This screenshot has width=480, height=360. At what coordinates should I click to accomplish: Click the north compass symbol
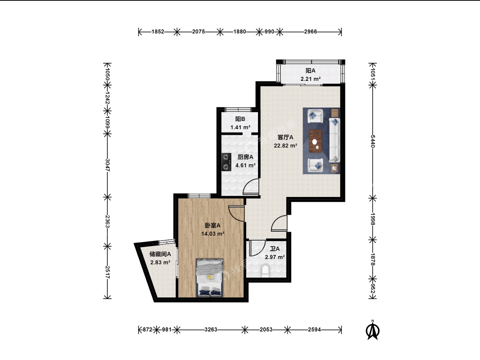click(x=373, y=330)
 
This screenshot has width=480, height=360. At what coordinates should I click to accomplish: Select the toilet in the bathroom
click(x=265, y=271)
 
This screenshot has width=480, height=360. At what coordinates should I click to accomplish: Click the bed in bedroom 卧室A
click(x=209, y=278)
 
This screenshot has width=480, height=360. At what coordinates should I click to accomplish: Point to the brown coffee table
click(x=316, y=141)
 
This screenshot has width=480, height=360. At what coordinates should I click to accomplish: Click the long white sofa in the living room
click(x=335, y=140)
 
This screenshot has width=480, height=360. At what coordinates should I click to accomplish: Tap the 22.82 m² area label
click(x=285, y=146)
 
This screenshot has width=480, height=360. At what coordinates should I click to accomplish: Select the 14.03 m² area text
click(x=213, y=234)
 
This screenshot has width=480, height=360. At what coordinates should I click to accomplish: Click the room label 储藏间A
click(x=160, y=254)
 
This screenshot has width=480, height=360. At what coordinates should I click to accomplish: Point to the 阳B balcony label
click(x=240, y=119)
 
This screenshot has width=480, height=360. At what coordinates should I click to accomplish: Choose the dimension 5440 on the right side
click(x=373, y=141)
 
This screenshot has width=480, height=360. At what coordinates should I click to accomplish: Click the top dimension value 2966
click(x=311, y=32)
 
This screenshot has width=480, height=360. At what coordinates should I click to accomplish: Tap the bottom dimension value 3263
click(x=211, y=330)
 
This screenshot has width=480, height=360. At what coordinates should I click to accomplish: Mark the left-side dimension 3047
click(x=107, y=165)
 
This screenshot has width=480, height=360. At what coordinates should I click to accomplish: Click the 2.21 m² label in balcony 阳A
click(x=311, y=79)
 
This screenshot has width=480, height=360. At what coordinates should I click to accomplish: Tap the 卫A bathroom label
click(x=275, y=249)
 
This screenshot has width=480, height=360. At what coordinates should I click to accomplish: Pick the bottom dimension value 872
click(x=147, y=330)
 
